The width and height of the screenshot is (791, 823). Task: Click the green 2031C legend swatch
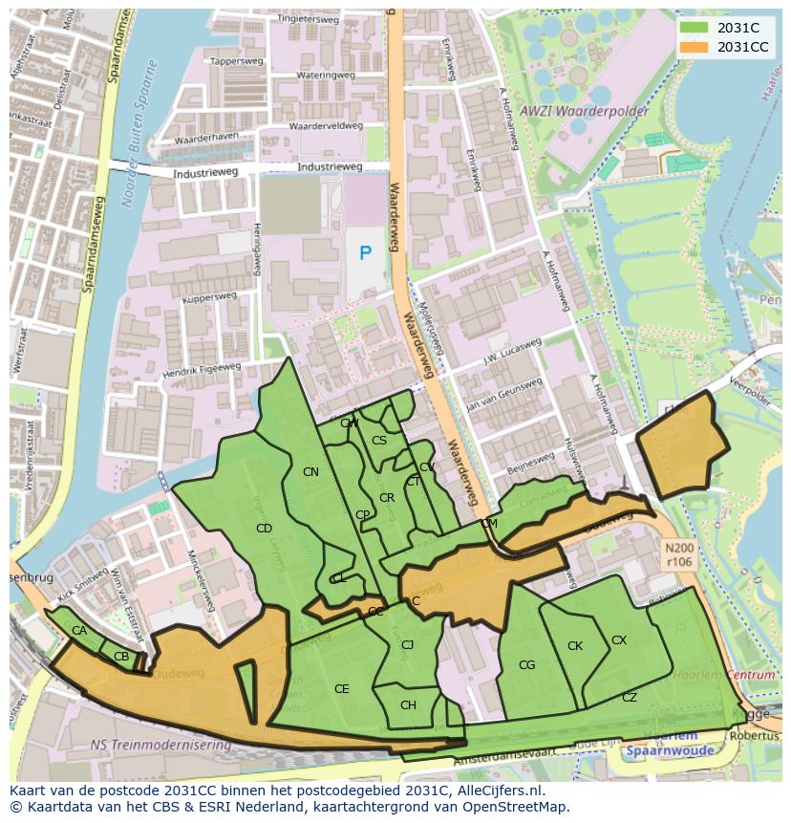tap(696, 29)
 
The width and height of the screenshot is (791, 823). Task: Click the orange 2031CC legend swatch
tap(696, 47)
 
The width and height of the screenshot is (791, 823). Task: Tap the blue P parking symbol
tap(365, 253)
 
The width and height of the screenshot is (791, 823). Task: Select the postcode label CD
tap(265, 528)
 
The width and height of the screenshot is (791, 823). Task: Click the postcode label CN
tap(310, 472)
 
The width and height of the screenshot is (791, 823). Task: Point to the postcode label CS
tap(379, 441)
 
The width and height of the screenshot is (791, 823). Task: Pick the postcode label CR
tap(387, 498)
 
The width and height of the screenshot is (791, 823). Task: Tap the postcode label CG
tap(526, 665)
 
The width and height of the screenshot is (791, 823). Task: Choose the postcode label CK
tap(575, 646)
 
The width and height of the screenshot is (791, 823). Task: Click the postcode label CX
tap(619, 640)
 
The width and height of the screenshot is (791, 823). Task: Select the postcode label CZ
tap(629, 698)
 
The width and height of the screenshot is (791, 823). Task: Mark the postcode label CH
tap(408, 705)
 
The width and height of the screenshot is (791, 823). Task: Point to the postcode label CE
tap(341, 689)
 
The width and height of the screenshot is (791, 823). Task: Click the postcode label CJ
tap(407, 645)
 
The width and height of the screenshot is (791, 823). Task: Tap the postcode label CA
tap(79, 631)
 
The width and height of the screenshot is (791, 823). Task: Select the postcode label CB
tap(121, 657)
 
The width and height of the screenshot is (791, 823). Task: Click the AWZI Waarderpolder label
tap(587, 111)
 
